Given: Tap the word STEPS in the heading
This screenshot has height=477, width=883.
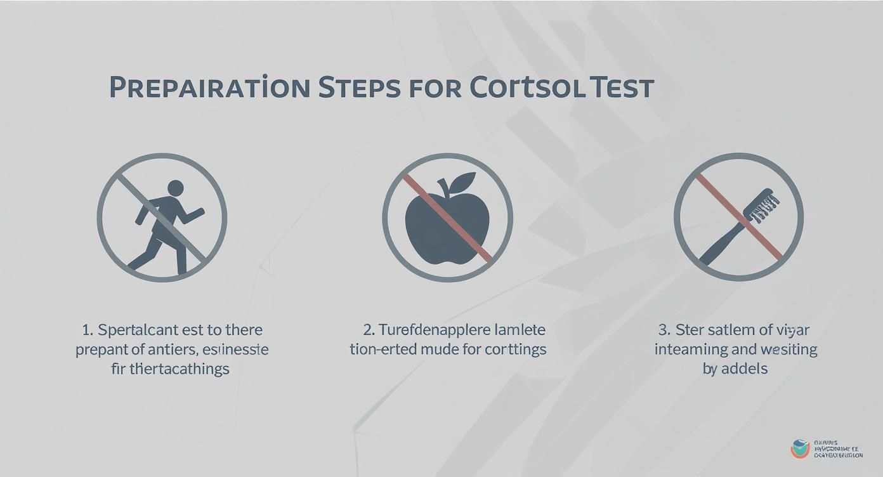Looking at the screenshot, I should coord(359,88).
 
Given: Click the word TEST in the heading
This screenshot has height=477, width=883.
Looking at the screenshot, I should coord(621,88).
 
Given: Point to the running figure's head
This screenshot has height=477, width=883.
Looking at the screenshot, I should coord(176,188).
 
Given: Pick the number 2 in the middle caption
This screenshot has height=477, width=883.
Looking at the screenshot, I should coord(368,330).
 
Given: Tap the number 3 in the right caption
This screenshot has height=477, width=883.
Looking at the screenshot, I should coord(663,330).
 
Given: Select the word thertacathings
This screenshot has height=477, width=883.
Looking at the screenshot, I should coord(179,369).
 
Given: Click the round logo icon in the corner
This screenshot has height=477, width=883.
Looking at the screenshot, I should coord(800,448).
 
